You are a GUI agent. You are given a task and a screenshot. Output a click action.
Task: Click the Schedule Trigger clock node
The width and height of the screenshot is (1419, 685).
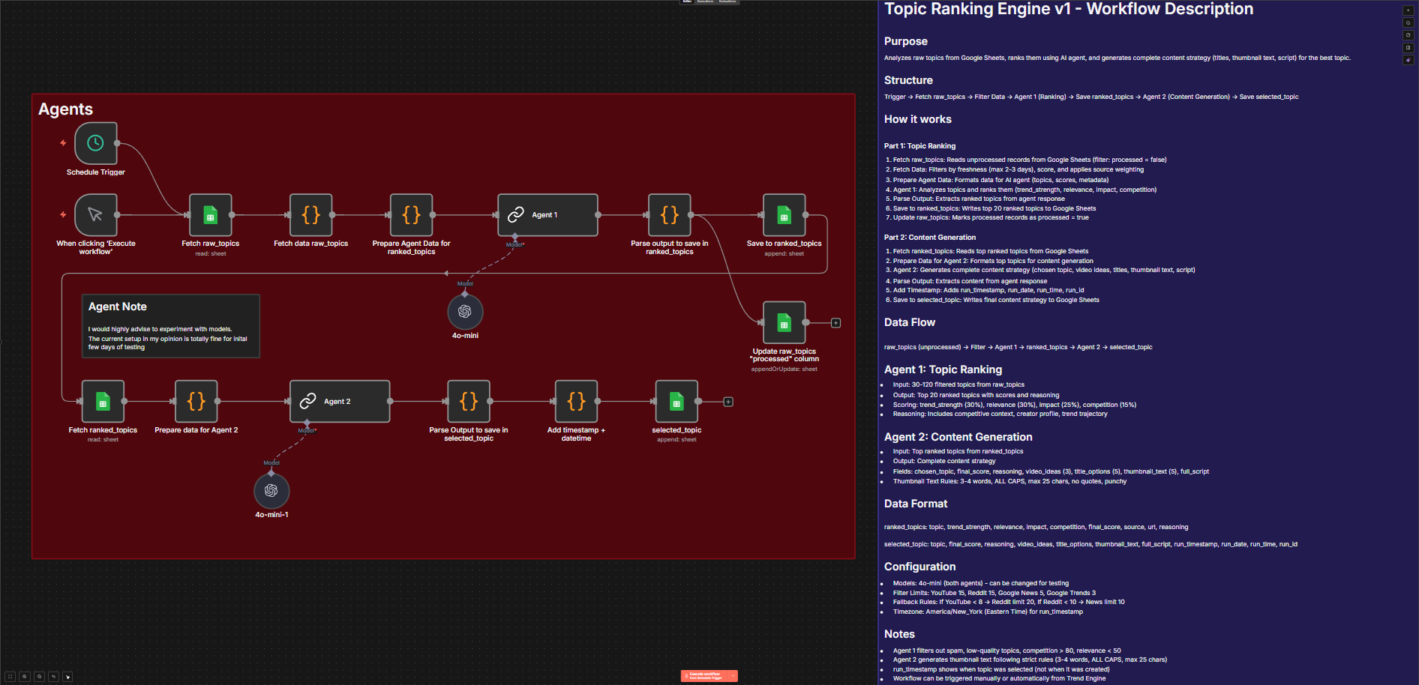[x=95, y=143]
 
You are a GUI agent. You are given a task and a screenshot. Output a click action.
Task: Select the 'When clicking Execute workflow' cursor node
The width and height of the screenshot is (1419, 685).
[x=95, y=214]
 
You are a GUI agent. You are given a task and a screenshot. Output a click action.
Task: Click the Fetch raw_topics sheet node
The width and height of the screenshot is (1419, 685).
[x=210, y=214]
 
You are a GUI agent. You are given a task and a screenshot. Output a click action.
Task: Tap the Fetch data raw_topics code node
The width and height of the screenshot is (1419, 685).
[x=310, y=214]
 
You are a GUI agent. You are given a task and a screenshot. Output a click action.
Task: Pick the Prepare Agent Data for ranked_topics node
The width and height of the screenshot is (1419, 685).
[x=411, y=214]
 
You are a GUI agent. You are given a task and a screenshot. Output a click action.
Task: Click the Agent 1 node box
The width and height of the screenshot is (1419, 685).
[x=547, y=214]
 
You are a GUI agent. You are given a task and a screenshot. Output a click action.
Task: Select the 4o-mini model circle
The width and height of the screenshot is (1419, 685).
[x=465, y=311]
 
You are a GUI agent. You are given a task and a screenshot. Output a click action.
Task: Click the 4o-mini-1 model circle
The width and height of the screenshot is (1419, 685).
[x=271, y=490]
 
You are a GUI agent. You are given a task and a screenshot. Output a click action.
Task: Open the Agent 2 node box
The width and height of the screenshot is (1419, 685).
[x=340, y=401]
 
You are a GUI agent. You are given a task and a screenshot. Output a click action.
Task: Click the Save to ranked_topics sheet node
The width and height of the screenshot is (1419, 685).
[x=784, y=214]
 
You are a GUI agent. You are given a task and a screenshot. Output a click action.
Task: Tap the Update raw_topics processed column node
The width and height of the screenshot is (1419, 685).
[x=784, y=322]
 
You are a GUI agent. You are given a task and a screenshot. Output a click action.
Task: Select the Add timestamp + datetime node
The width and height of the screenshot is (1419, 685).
[x=576, y=401]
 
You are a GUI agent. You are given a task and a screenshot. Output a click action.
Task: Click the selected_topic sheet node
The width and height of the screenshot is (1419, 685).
[x=676, y=401]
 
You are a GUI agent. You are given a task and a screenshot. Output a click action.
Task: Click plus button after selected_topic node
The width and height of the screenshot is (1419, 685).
[x=728, y=402]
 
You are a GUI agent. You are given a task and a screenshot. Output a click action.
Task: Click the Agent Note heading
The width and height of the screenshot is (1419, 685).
[x=118, y=307]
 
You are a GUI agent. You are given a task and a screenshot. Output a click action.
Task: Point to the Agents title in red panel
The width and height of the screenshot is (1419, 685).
[x=66, y=109]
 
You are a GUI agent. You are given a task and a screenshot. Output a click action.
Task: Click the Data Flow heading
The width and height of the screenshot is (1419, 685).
[x=909, y=322]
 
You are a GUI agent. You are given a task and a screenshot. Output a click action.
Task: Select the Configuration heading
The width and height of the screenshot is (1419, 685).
[x=919, y=567]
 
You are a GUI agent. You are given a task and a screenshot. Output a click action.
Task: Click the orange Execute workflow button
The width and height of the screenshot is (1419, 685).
[x=705, y=675]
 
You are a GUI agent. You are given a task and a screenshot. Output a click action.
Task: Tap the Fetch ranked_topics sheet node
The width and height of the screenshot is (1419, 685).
[x=103, y=401]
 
